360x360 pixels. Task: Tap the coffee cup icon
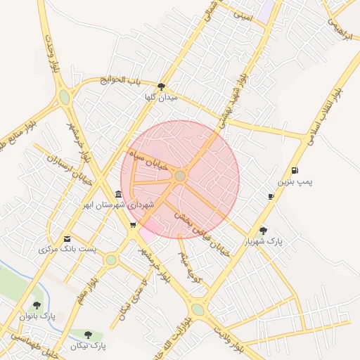pos(271,196)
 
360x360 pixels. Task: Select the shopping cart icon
pos(133,226)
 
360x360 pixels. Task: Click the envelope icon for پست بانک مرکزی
pos(67,239)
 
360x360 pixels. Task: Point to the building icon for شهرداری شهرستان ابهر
pos(117,194)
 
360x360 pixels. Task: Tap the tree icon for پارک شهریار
pos(263,230)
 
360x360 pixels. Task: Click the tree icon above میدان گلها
pos(162,86)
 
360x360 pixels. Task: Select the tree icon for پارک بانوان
pos(37,306)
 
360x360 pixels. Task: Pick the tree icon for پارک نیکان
pos(88,335)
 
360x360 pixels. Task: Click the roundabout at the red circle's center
pos(180,176)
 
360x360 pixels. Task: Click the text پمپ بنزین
pos(294,182)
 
